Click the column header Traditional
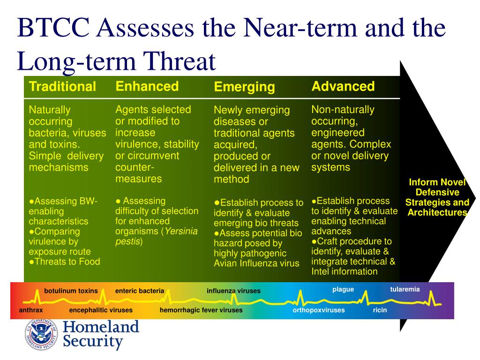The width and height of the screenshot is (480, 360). coord(62,87)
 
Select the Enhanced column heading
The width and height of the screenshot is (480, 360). coord(147,86)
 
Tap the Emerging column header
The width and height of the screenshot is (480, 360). coord(244,87)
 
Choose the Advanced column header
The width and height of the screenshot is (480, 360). coord(343,86)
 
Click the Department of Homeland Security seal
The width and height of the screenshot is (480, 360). coord(42,335)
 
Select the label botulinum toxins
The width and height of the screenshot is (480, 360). coord(71,291)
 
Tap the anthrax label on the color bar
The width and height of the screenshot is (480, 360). coord(31,310)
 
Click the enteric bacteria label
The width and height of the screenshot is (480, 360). coord(140,291)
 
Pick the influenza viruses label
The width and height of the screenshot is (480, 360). coord(233,291)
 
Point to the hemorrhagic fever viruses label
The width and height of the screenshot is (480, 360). coord(201,310)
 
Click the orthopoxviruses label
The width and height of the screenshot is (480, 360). coord(319,310)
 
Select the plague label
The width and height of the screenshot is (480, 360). coord(343,289)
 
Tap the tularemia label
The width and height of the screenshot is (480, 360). coord(405,289)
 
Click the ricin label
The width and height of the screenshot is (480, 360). coord(380,310)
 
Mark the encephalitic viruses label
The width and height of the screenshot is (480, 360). coord(101,310)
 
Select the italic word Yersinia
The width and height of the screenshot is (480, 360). coord(180,231)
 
